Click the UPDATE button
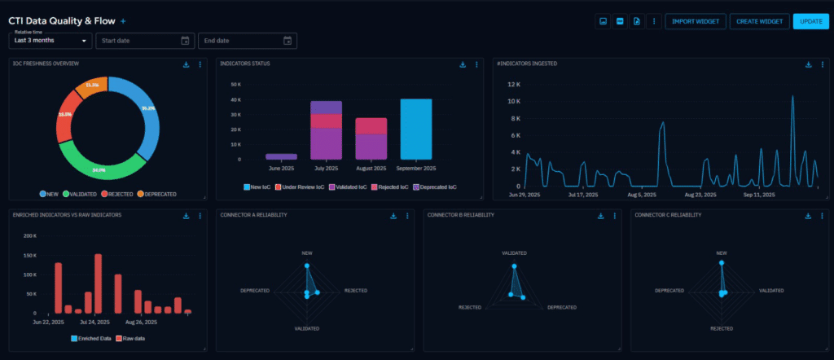[810, 21]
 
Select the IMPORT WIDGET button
[695, 21]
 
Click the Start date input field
[143, 41]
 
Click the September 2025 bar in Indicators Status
[415, 129]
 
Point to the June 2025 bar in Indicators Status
[281, 156]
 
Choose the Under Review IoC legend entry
[301, 187]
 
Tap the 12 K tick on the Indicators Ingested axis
[514, 84]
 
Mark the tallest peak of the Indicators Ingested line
[792, 97]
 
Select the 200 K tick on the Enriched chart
[29, 235]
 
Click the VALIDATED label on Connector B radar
[514, 253]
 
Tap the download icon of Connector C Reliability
[808, 216]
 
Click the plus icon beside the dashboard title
[124, 20]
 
